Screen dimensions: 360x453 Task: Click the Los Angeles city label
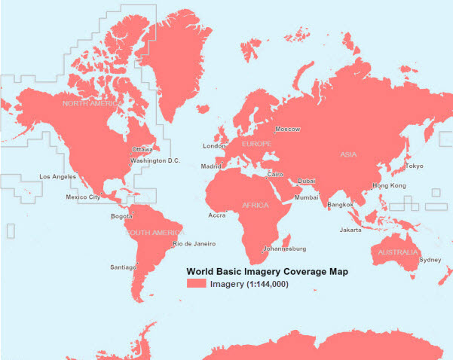(58, 177)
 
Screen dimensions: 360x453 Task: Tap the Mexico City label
(83, 197)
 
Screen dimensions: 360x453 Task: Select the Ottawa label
(142, 150)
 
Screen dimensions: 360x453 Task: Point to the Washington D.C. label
(155, 160)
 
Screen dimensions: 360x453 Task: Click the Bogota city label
(121, 217)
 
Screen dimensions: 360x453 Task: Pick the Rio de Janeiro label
(194, 244)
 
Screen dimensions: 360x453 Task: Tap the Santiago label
(123, 267)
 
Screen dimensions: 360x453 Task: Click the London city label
(214, 146)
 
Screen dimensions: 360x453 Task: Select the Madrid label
(212, 166)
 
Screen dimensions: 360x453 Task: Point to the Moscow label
(287, 130)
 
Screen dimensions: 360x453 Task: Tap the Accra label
(217, 215)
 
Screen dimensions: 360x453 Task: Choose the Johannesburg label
(284, 249)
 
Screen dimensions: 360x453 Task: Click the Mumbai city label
(306, 197)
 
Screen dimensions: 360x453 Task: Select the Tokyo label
(414, 166)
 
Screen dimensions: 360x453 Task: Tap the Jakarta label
(350, 230)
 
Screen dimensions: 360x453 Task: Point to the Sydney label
(430, 260)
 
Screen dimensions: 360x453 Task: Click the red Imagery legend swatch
(196, 284)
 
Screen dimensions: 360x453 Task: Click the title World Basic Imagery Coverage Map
(266, 271)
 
